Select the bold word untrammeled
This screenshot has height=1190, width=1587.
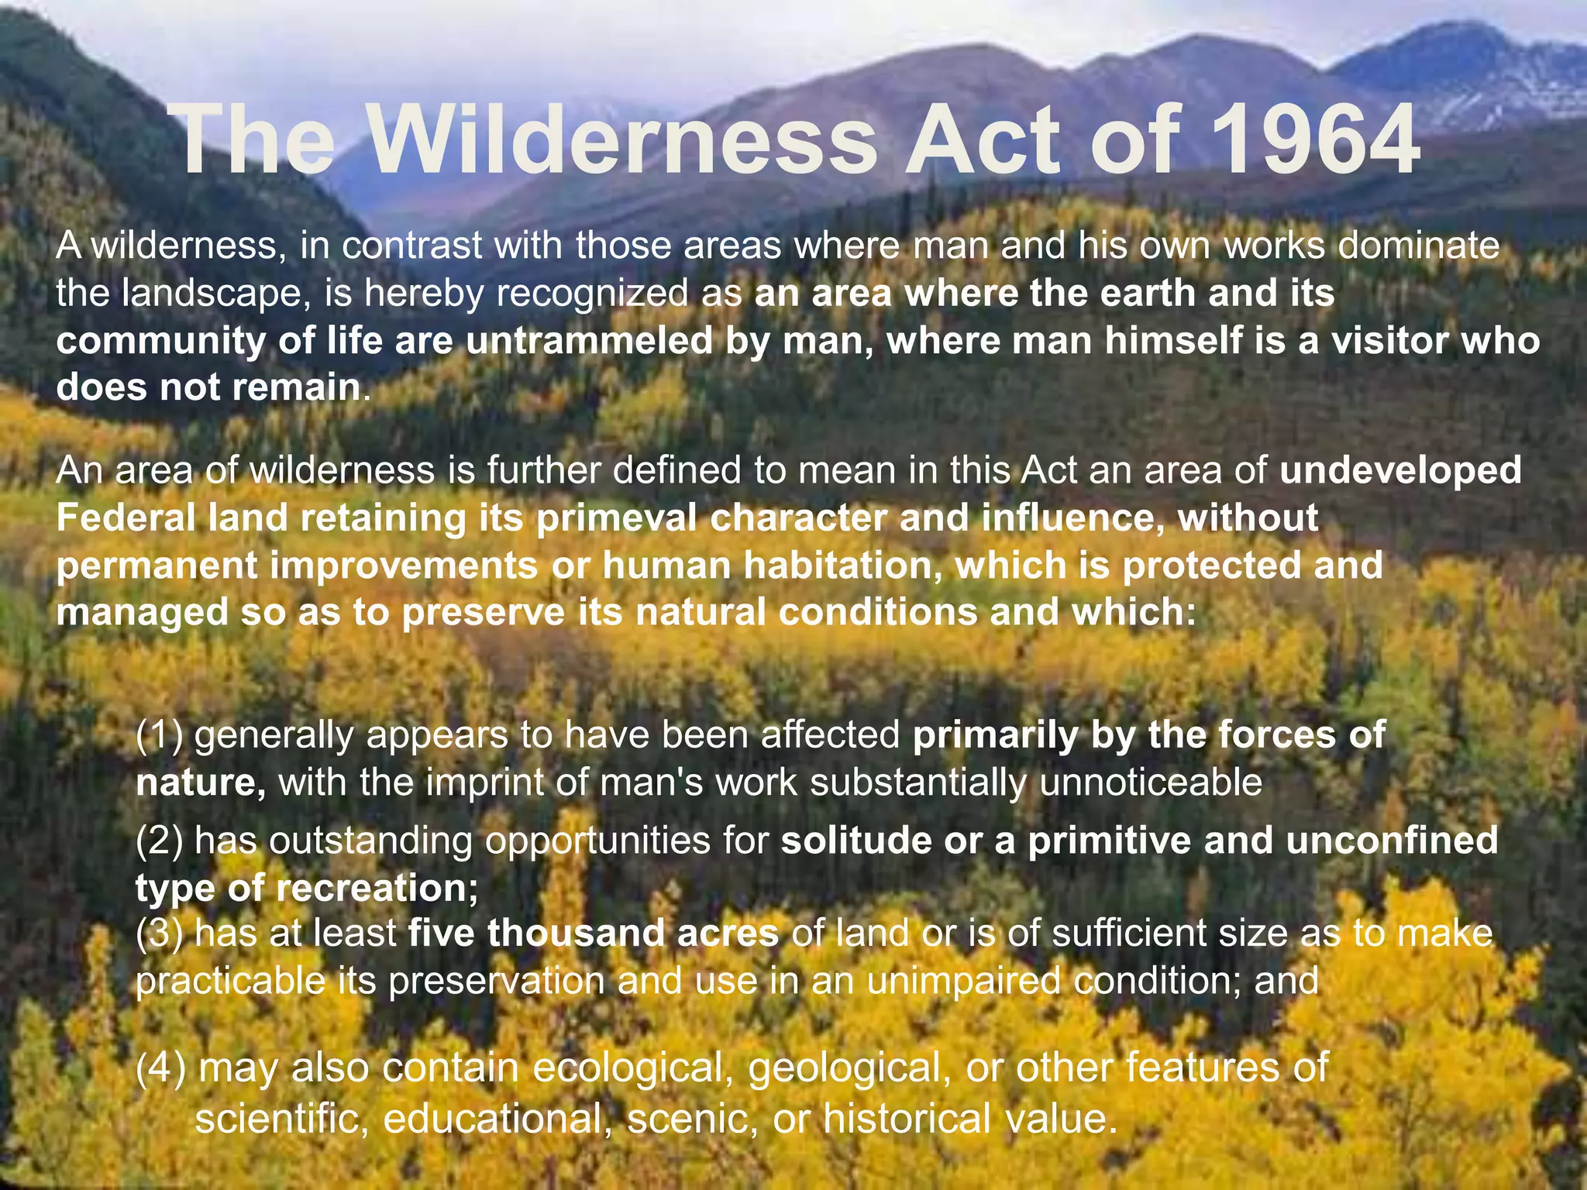tap(589, 341)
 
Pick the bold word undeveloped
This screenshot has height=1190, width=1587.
tap(1401, 471)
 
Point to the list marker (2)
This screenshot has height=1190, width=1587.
tap(160, 841)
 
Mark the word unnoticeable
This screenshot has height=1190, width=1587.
tap(1151, 782)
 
